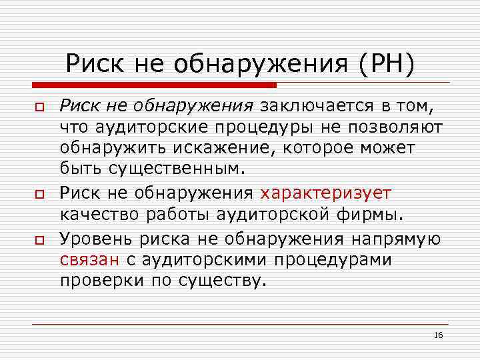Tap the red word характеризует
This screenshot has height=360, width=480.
(x=326, y=193)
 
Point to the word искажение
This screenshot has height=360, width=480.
(x=243, y=146)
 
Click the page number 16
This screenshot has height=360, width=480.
(x=438, y=335)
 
